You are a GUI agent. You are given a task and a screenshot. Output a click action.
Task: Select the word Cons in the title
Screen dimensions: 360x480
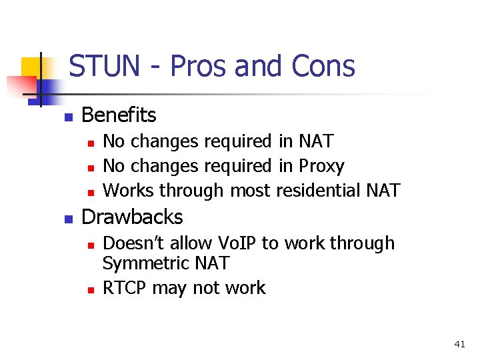[323, 67]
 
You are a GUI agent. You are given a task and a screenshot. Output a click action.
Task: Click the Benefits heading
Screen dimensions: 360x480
[118, 115]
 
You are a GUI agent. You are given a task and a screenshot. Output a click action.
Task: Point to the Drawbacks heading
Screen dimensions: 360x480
[131, 217]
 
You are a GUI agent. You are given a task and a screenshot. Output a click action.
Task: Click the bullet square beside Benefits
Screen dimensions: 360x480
[67, 117]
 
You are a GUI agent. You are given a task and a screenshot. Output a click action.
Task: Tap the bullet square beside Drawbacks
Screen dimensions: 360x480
[67, 219]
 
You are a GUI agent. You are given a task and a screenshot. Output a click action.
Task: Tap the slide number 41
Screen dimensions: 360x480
[459, 344]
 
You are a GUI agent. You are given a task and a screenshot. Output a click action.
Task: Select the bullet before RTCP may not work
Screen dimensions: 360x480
[91, 289]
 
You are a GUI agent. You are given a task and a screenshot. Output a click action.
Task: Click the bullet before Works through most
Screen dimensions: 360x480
[91, 192]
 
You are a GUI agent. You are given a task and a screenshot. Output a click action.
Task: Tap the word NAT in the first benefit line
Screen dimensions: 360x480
[315, 141]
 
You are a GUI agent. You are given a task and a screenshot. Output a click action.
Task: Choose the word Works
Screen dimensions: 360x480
[129, 191]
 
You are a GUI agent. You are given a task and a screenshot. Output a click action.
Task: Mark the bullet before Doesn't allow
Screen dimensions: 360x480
[91, 245]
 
